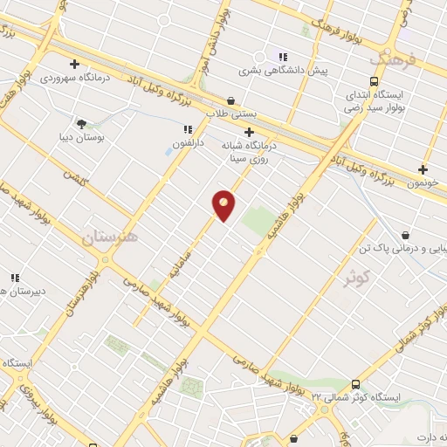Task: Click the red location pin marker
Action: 224,204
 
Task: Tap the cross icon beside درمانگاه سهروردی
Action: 75,64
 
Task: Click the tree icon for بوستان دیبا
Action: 81,125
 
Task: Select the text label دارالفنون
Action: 187,142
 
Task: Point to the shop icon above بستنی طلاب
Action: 230,100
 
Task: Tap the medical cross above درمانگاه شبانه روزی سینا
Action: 249,132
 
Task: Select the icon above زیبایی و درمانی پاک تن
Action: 406,235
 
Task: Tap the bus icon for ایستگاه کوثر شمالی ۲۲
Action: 355,384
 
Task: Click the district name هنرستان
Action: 110,237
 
